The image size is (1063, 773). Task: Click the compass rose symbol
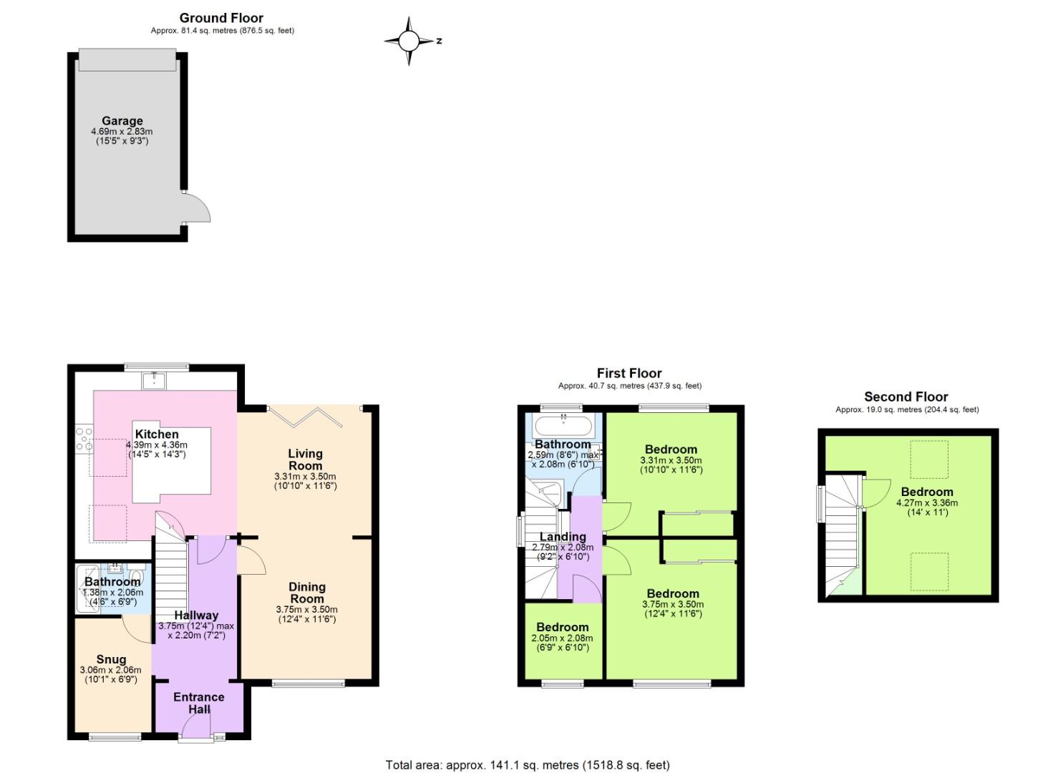(409, 41)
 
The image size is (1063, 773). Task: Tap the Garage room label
(122, 121)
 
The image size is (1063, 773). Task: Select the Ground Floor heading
(221, 18)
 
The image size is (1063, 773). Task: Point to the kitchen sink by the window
(154, 380)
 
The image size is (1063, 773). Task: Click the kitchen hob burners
(84, 438)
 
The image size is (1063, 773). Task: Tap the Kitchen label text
(157, 434)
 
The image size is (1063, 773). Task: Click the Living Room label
(305, 460)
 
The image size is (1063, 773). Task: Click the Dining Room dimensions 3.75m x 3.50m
(306, 610)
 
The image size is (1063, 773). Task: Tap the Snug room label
(111, 659)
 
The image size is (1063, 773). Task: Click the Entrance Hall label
(199, 703)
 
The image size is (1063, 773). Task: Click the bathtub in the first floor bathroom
(563, 427)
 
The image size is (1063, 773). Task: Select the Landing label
(563, 537)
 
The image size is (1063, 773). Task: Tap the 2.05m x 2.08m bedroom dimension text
(562, 638)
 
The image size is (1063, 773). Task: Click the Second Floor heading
(906, 397)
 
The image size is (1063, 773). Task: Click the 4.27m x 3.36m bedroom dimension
(926, 503)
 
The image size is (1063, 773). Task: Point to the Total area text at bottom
(528, 765)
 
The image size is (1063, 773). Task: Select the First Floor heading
(629, 373)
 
